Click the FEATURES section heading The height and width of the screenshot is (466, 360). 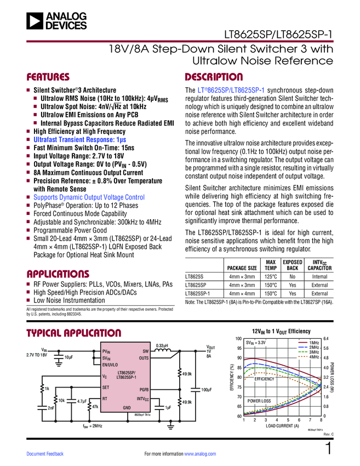(x=48, y=77)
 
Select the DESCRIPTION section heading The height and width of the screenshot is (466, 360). (x=214, y=77)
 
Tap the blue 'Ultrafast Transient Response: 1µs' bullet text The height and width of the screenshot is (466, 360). (x=79, y=140)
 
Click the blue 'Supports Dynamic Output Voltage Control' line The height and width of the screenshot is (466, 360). (x=89, y=197)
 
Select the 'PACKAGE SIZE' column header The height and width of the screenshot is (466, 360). (x=242, y=268)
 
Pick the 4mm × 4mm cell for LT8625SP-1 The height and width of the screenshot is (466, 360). (x=242, y=293)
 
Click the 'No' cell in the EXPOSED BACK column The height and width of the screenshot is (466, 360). (x=293, y=277)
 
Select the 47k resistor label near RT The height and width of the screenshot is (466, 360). (x=94, y=407)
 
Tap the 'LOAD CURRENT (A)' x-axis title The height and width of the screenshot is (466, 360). (x=282, y=426)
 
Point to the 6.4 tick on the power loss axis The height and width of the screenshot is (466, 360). (x=327, y=339)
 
